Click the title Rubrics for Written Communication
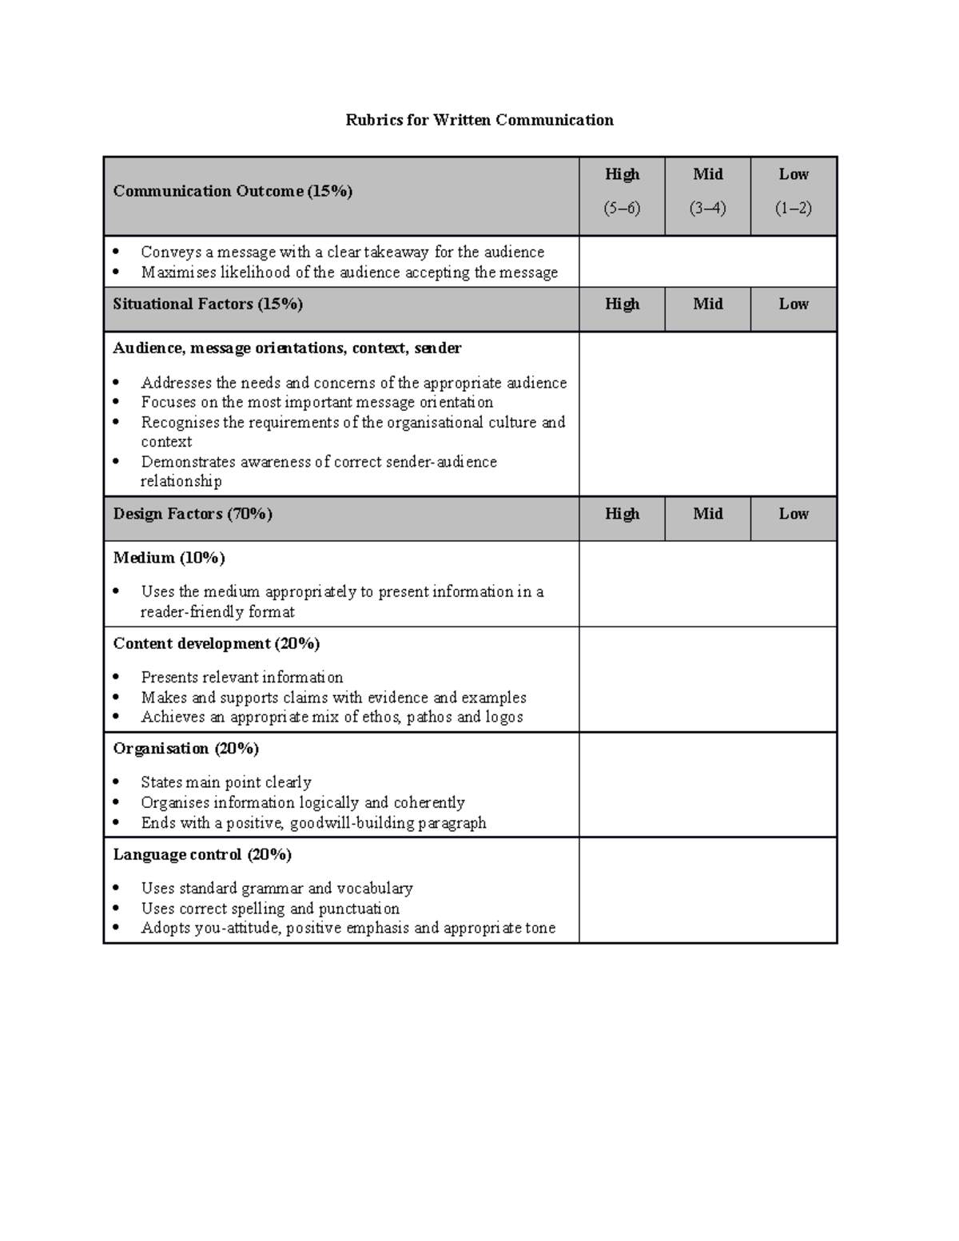tap(479, 120)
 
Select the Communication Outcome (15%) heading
tap(233, 191)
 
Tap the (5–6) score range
tap(622, 209)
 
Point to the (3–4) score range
tap(707, 209)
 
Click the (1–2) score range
tap(794, 209)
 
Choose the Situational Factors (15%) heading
tap(208, 304)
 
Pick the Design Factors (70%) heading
tap(193, 514)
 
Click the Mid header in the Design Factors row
tap(707, 514)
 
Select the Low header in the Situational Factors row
tap(794, 304)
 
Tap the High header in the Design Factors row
tap(622, 514)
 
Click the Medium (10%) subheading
tap(169, 558)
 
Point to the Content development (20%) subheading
tap(216, 643)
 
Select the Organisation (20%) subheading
tap(185, 749)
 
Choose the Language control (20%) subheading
tap(202, 854)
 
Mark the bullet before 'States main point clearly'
tap(117, 782)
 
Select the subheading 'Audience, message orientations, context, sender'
tap(287, 348)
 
